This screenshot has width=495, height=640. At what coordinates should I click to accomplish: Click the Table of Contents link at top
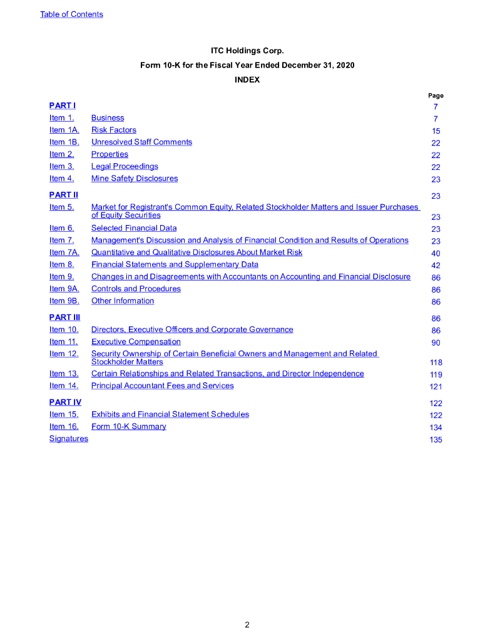(x=71, y=14)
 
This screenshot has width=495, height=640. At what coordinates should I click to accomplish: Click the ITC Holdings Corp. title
(x=247, y=50)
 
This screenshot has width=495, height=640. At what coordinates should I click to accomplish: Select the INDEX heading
(x=247, y=79)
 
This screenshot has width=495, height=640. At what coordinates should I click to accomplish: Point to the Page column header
(x=436, y=96)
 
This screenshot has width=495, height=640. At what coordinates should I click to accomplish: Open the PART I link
(x=63, y=106)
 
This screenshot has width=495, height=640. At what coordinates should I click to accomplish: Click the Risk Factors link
(x=114, y=130)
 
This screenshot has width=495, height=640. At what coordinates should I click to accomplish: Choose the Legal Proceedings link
(x=125, y=166)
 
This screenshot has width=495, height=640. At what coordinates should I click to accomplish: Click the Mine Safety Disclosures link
(x=135, y=178)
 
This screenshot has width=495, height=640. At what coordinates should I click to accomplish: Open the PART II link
(x=64, y=195)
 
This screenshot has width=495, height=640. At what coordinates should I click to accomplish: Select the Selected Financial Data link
(x=134, y=228)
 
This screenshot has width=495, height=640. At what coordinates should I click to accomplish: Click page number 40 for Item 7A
(x=436, y=253)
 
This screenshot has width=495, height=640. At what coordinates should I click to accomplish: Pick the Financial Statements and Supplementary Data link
(x=175, y=264)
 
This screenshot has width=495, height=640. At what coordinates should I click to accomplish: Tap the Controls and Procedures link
(x=136, y=289)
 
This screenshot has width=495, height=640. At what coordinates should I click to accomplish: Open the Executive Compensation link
(x=136, y=341)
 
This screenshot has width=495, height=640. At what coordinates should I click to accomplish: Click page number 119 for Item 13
(x=436, y=374)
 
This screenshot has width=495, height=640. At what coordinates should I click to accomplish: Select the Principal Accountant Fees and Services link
(x=163, y=386)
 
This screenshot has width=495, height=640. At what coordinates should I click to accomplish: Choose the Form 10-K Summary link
(x=129, y=426)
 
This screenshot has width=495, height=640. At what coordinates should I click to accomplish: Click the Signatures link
(x=69, y=439)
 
